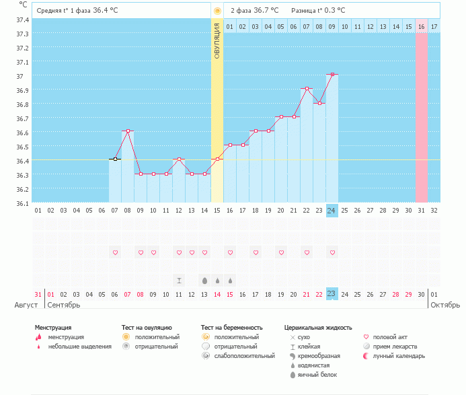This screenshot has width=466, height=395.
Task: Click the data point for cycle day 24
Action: [332, 74]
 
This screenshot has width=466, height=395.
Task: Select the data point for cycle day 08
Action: [128, 131]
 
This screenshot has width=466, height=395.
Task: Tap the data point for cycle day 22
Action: [307, 88]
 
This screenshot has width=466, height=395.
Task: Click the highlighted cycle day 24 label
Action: [332, 211]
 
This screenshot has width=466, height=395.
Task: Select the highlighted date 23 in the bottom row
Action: [332, 293]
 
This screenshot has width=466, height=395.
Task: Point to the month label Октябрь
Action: [444, 305]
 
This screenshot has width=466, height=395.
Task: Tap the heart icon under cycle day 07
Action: [115, 252]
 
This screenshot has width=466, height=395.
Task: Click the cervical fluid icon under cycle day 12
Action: [179, 280]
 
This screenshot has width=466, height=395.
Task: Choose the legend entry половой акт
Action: [390, 337]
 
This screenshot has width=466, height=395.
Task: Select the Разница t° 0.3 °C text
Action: [318, 11]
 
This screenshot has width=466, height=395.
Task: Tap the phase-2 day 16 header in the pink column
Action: [421, 27]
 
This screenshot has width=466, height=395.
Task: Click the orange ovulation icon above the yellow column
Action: [217, 11]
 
